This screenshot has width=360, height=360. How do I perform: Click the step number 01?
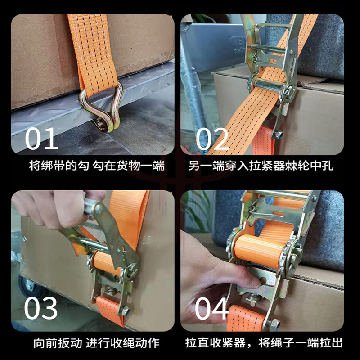(x=41, y=139)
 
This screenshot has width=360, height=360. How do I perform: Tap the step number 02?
(x=212, y=139)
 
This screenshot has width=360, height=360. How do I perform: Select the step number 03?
(x=40, y=308)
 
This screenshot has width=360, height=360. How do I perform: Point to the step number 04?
(x=212, y=308)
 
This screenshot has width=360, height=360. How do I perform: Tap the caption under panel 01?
(x=97, y=166)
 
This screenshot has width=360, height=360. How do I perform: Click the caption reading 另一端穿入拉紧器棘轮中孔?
(x=261, y=166)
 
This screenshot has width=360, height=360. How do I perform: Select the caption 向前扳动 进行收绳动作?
(x=96, y=343)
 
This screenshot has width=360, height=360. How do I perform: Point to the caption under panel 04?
(x=264, y=343)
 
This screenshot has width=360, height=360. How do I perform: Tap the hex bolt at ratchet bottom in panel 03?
(x=126, y=311)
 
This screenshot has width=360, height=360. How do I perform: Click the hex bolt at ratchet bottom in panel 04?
(x=274, y=324)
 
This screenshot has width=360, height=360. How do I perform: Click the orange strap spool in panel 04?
(x=260, y=251)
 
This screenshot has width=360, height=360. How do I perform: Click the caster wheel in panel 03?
(x=27, y=287)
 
